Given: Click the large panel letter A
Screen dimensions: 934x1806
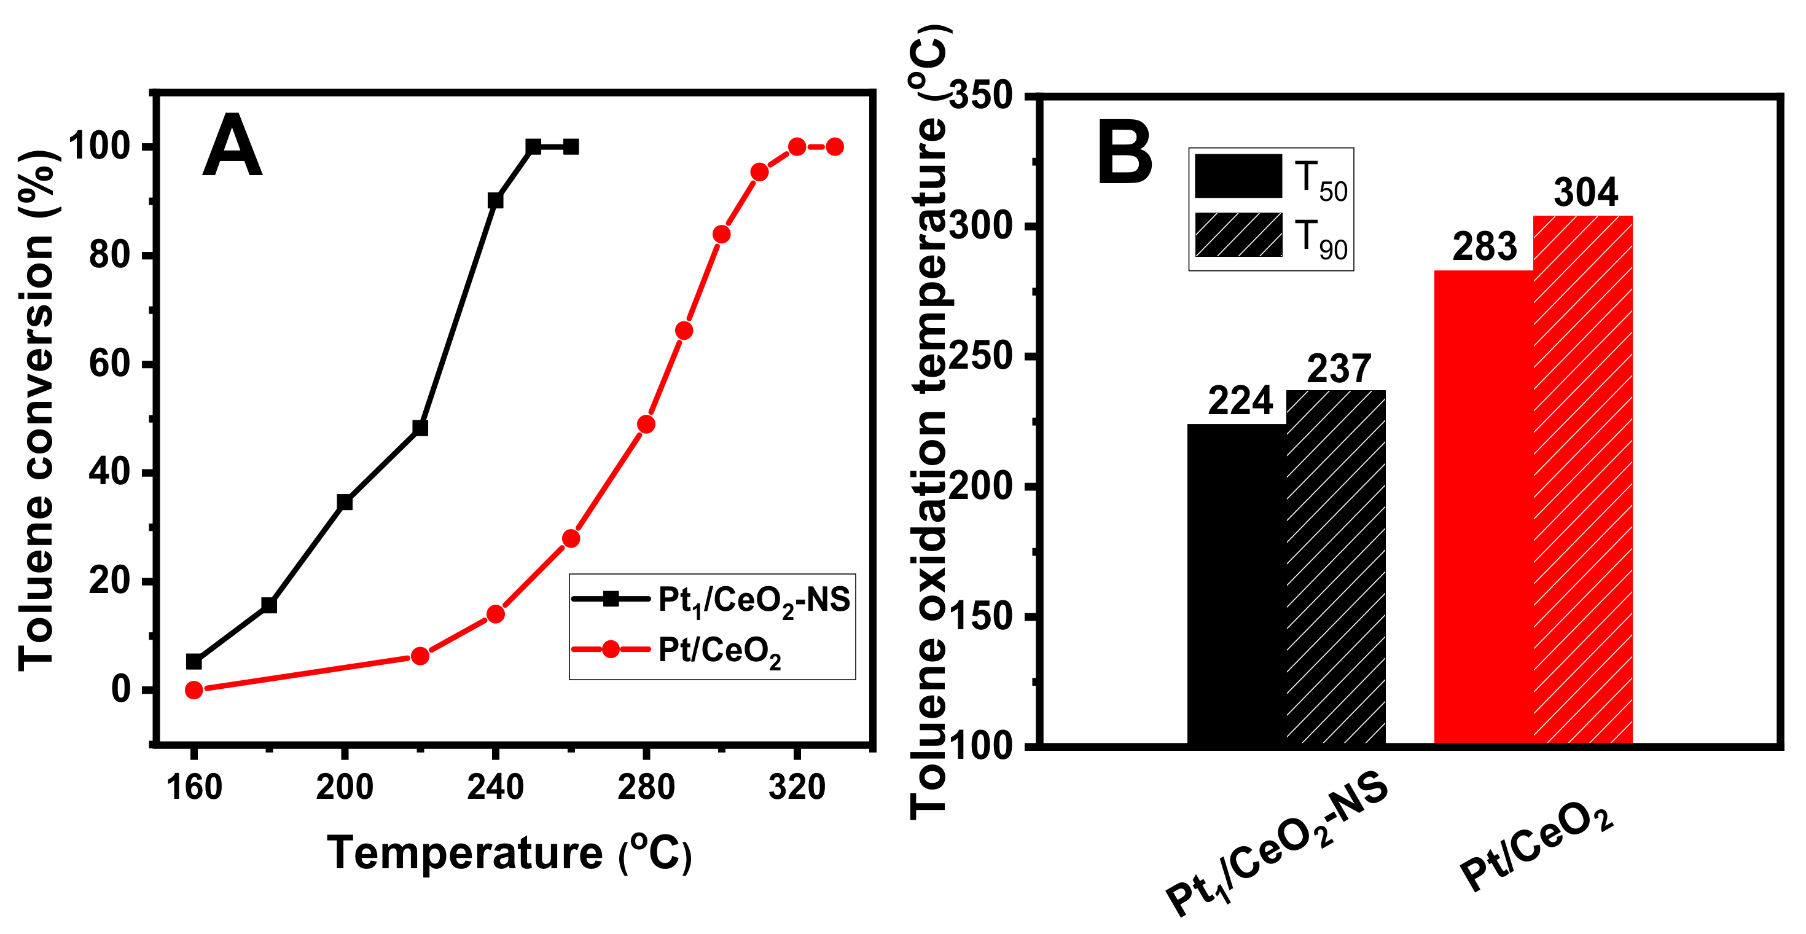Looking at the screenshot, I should pyautogui.click(x=232, y=147).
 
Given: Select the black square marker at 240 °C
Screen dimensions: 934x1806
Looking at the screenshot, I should pyautogui.click(x=495, y=200).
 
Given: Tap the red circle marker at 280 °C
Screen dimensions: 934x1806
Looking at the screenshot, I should pyautogui.click(x=646, y=424).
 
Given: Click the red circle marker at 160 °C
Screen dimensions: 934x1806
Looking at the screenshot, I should pyautogui.click(x=194, y=690).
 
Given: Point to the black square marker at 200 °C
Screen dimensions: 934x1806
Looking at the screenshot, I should pyautogui.click(x=344, y=502).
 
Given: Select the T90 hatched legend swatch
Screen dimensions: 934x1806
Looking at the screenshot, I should pyautogui.click(x=1238, y=235).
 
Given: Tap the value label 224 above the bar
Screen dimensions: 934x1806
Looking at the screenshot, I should pyautogui.click(x=1240, y=401).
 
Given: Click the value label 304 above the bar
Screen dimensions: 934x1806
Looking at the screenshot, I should pyautogui.click(x=1585, y=192).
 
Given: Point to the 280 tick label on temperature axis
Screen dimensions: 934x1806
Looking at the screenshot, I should pyautogui.click(x=646, y=787).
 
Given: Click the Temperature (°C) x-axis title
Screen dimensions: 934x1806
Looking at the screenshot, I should pyautogui.click(x=510, y=854).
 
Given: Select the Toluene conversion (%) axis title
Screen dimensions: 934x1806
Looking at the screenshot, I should pyautogui.click(x=36, y=411).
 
